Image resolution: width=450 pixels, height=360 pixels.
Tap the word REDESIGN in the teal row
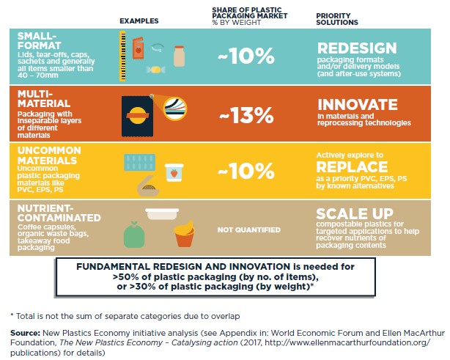coord(358,48)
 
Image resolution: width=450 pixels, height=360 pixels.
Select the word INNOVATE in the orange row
coord(356,105)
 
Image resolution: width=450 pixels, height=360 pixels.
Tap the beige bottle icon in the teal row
coord(179,55)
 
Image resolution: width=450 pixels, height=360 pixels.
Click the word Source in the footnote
coord(24,331)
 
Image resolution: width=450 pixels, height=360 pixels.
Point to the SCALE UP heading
coord(350,214)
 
